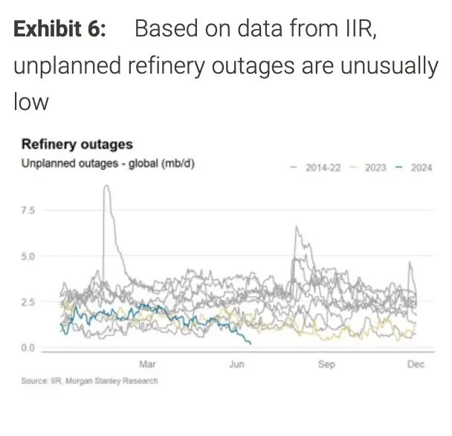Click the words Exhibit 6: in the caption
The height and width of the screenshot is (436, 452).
coord(60,29)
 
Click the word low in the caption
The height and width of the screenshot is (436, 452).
coord(30,100)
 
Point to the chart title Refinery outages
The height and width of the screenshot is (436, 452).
coord(77,144)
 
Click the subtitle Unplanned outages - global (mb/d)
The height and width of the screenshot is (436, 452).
coord(108,163)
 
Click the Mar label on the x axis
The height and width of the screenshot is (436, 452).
coord(147,364)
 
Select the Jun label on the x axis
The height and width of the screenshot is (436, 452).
coord(236,364)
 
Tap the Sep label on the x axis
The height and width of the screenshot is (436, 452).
coord(326,364)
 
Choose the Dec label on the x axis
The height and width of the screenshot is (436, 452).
coord(416,364)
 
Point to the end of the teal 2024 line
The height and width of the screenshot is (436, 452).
coord(250,343)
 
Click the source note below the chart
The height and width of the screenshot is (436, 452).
coord(90,381)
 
